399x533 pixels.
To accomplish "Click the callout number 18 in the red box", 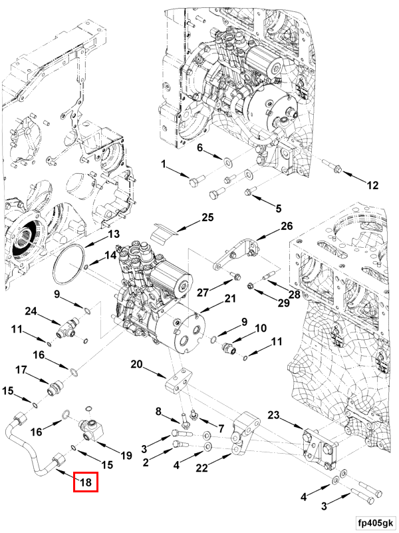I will (86, 482).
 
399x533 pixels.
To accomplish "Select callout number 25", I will (207, 218).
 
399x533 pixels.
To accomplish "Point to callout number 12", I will (372, 185).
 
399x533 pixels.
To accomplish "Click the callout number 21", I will (230, 300).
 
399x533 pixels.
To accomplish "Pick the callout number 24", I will (31, 310).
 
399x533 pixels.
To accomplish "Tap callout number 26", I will (286, 226).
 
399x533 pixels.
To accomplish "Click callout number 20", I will (136, 364).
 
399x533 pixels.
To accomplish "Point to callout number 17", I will (21, 370).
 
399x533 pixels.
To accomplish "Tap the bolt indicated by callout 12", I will (332, 166).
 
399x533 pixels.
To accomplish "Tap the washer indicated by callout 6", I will (227, 161).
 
